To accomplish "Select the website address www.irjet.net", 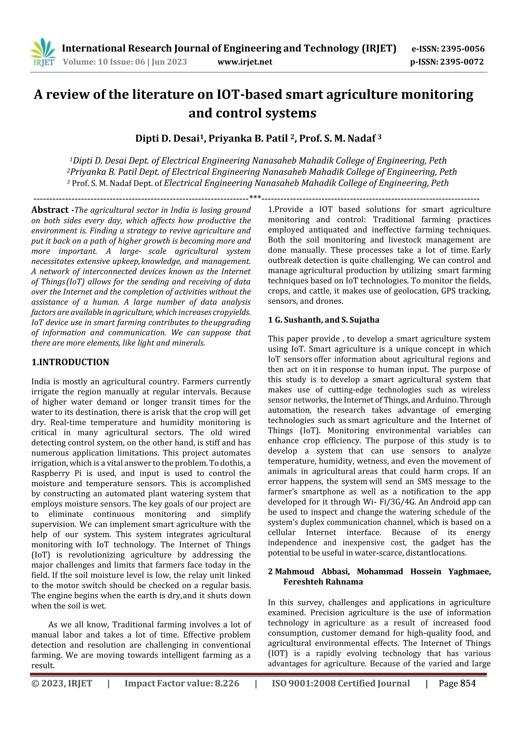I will point(245,62).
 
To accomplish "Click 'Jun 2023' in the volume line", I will point(169,62).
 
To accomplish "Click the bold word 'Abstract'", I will point(50,210).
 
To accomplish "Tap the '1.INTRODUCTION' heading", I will point(70,362).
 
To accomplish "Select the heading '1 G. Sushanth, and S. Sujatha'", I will point(324,320).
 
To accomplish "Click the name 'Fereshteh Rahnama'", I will point(323,582).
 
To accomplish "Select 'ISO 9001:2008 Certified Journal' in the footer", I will point(341,683).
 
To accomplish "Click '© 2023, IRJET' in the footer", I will point(62,683).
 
